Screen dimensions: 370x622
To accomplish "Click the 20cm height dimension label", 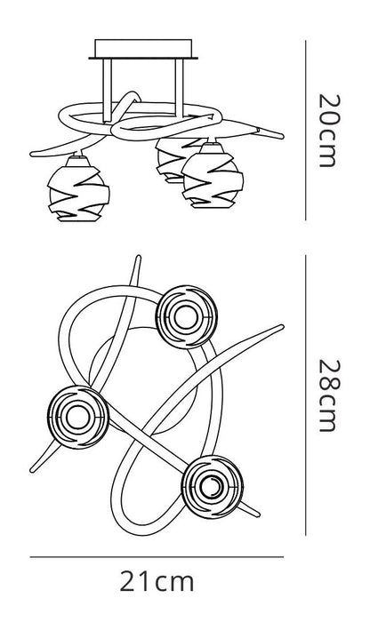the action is tap(329, 131).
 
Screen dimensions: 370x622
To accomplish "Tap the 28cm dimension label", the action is tap(329, 395).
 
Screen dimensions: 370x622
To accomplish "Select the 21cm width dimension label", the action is tap(157, 582).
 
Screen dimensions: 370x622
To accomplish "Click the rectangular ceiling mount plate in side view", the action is tap(143, 49).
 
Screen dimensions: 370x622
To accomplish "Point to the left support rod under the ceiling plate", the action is tap(108, 90).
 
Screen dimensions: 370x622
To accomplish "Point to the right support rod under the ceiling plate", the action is tap(180, 88).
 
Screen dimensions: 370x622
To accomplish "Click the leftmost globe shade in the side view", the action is tap(78, 188).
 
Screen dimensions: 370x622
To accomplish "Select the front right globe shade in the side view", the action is tap(213, 176).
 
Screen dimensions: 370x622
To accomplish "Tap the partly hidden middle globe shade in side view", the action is tap(172, 160).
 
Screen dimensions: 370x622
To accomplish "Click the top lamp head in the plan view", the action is tap(187, 316).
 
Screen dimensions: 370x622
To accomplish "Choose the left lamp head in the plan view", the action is tap(77, 417).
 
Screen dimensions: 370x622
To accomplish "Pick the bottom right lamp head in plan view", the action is tap(213, 487).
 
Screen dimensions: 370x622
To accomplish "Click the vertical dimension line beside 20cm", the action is tap(306, 130).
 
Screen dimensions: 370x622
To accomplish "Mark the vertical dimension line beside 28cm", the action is tap(306, 395).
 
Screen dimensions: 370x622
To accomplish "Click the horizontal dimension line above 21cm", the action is tap(157, 557).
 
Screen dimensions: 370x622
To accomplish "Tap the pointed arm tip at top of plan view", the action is tap(139, 257).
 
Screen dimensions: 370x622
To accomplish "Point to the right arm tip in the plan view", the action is tap(281, 327).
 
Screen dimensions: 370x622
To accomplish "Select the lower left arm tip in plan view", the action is tap(32, 470).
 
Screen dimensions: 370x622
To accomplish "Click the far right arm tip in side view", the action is tap(282, 137).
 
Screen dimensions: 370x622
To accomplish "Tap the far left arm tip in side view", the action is tap(32, 154).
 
